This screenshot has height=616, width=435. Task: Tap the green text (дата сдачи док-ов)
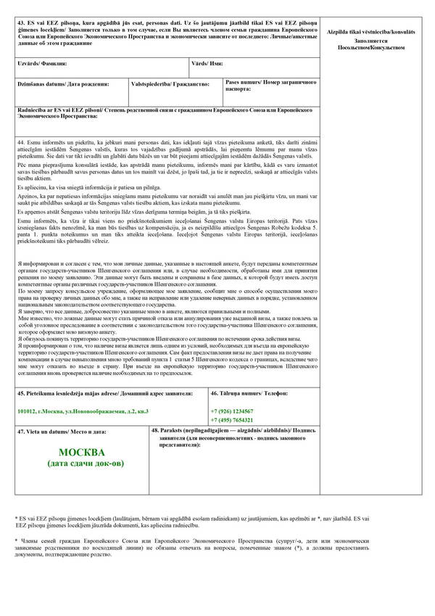85,463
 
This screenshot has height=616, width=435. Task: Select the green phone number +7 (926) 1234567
232,411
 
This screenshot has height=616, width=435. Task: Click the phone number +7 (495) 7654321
232,420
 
